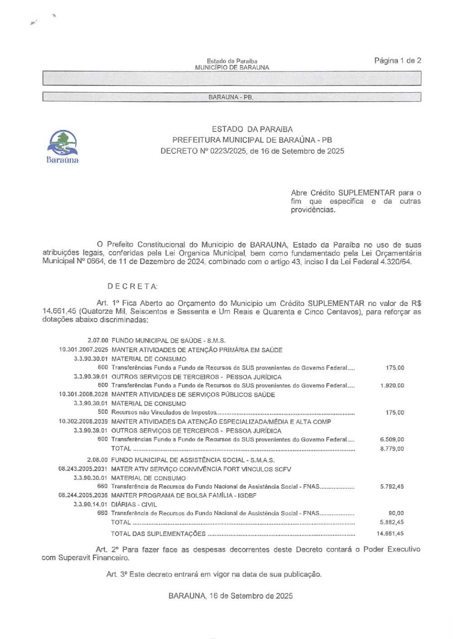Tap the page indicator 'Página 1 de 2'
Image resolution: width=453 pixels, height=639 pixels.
(x=397, y=61)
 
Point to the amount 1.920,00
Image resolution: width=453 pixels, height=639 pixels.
(x=392, y=386)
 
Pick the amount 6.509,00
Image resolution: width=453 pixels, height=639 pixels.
(x=392, y=439)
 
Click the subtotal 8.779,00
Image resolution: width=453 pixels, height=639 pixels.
(x=392, y=449)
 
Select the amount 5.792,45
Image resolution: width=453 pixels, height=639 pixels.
(x=392, y=486)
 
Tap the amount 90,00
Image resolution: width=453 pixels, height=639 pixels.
(x=396, y=513)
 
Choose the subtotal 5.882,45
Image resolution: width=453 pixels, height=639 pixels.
(x=392, y=522)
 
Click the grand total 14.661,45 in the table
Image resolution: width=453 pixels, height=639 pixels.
(x=390, y=534)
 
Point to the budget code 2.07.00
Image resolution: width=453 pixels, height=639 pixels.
(x=98, y=340)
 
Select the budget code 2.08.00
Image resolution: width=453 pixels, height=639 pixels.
(x=97, y=460)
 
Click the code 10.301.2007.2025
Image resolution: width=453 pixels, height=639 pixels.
(x=83, y=350)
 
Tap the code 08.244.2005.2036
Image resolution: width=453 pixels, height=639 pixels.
(x=83, y=496)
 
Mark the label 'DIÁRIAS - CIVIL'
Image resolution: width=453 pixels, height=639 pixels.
(x=134, y=505)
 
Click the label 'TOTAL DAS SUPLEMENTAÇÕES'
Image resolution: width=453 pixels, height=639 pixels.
(x=158, y=534)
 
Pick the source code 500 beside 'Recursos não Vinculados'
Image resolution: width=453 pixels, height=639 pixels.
(x=103, y=412)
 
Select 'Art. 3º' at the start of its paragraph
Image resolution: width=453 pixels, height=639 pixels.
(x=116, y=574)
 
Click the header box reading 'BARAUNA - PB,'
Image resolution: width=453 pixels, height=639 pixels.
(x=231, y=97)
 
